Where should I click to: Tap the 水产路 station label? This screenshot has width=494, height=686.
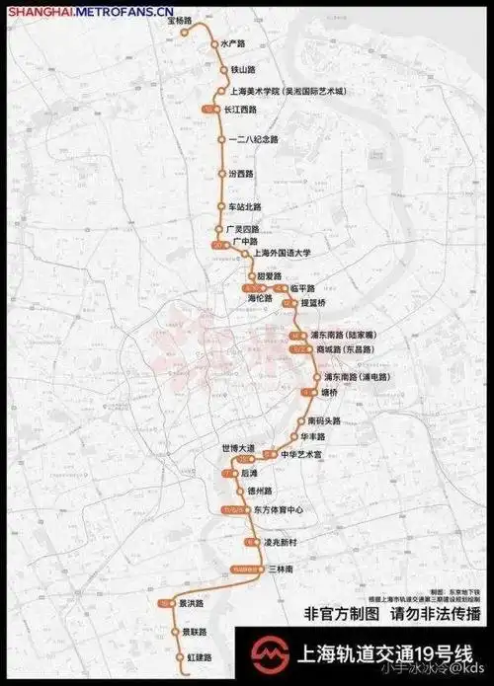click(232, 43)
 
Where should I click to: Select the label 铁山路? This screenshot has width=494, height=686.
click(243, 69)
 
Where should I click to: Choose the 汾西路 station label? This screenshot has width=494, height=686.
click(241, 173)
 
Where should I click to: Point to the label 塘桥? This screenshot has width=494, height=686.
click(329, 392)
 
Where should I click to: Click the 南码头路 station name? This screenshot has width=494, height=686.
click(324, 420)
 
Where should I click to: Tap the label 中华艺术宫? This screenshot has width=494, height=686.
click(302, 454)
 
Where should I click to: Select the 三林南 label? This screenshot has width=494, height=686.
click(281, 571)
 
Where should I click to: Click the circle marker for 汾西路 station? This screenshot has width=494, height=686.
click(221, 173)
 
